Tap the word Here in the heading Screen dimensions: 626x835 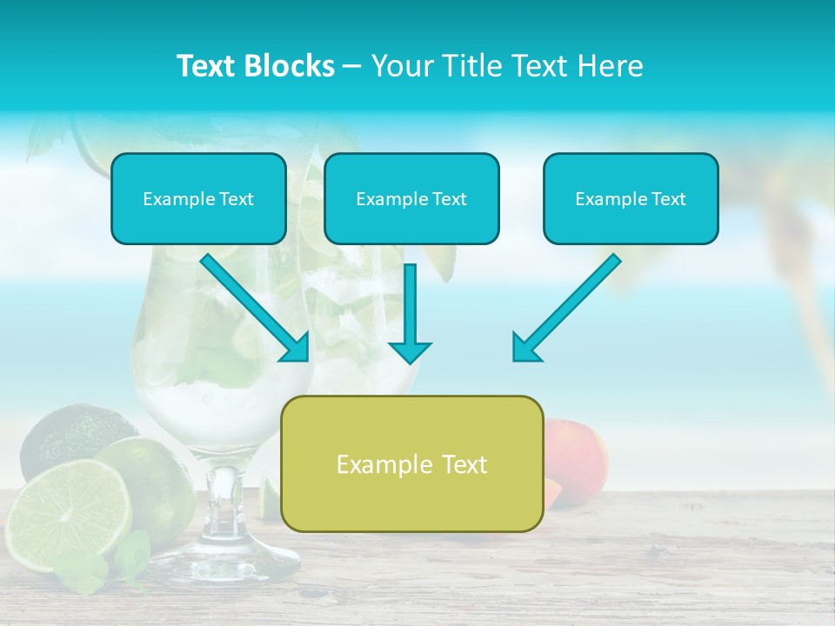pos(611,66)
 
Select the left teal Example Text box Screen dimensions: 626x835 pos(198,199)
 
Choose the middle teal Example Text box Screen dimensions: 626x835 pos(411,199)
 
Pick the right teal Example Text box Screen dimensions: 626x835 pos(631,199)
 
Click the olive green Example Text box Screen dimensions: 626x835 pos(411,464)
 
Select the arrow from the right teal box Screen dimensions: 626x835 pos(565,309)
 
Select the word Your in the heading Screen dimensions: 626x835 pos(400,66)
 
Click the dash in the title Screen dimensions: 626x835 pos(352,66)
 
